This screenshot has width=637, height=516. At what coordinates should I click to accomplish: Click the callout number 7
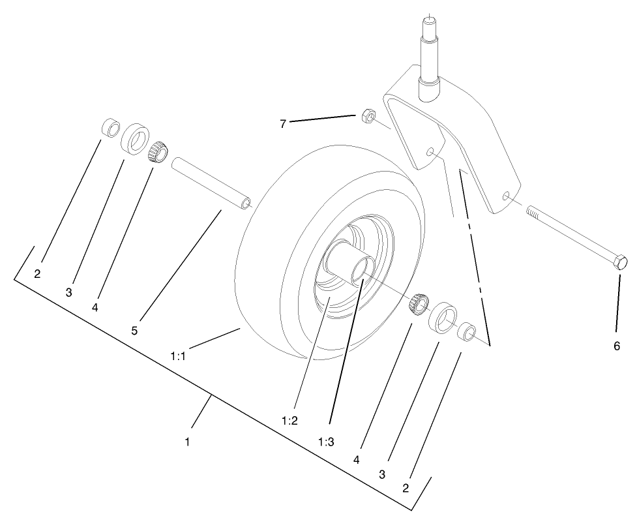click(283, 124)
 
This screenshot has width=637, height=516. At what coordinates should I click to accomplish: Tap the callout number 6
click(617, 346)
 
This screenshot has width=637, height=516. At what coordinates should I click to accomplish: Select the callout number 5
click(134, 330)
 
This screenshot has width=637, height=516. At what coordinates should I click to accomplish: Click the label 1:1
click(178, 356)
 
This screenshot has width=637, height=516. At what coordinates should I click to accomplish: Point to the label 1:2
click(289, 421)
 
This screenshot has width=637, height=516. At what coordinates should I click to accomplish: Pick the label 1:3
click(326, 442)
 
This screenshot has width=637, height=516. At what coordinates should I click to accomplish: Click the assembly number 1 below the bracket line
click(187, 442)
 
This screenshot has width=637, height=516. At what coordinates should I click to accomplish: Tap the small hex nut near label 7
click(367, 116)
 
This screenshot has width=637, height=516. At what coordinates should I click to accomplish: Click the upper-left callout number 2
click(37, 274)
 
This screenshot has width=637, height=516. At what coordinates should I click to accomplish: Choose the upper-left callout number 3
click(68, 292)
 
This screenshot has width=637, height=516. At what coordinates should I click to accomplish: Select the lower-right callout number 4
click(357, 459)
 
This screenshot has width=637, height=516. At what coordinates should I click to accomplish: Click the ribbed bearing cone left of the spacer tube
click(158, 152)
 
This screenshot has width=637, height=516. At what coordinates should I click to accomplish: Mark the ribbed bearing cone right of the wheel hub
click(418, 303)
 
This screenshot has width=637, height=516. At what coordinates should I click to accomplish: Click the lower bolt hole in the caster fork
click(506, 194)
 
